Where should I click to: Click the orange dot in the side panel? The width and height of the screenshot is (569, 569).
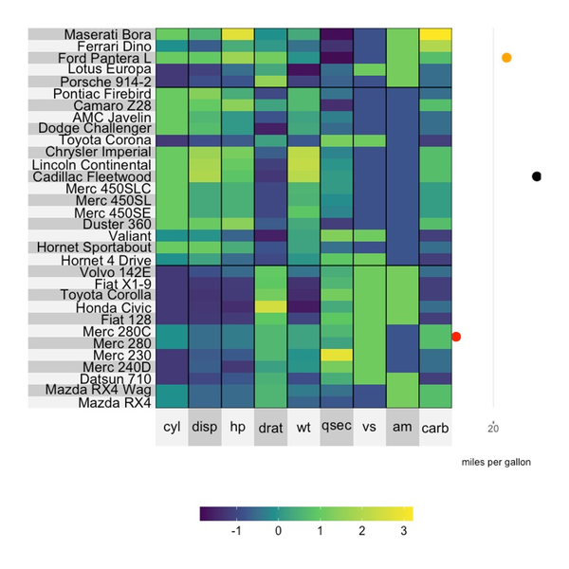[506, 58]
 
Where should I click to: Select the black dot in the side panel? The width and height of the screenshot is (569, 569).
[537, 176]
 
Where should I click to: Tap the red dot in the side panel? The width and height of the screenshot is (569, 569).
[457, 337]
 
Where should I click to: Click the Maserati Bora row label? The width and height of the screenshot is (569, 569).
[106, 34]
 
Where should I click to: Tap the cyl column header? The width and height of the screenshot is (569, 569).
[172, 428]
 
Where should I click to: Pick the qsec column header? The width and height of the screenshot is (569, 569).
[337, 428]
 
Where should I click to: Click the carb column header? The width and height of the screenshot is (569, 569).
[435, 428]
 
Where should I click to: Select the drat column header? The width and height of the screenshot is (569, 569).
[270, 428]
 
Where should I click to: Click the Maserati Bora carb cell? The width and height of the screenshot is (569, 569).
[435, 34]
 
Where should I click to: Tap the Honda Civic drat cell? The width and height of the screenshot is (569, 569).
[270, 306]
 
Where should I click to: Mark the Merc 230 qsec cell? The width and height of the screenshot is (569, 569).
[337, 355]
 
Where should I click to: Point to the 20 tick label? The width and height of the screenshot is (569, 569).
[493, 428]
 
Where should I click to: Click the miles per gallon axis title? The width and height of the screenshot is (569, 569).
[496, 462]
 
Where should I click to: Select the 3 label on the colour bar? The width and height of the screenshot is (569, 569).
[404, 532]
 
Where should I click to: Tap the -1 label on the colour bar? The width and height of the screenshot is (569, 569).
[235, 532]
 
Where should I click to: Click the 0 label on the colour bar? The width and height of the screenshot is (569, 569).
[278, 532]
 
